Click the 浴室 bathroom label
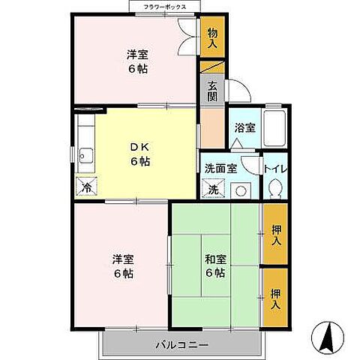pyautogui.click(x=244, y=127)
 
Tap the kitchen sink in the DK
pyautogui.click(x=84, y=157)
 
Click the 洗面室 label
pyautogui.click(x=221, y=169)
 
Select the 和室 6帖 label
pyautogui.click(x=216, y=266)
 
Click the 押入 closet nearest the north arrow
pyautogui.click(x=274, y=298)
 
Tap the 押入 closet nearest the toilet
pyautogui.click(x=274, y=235)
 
